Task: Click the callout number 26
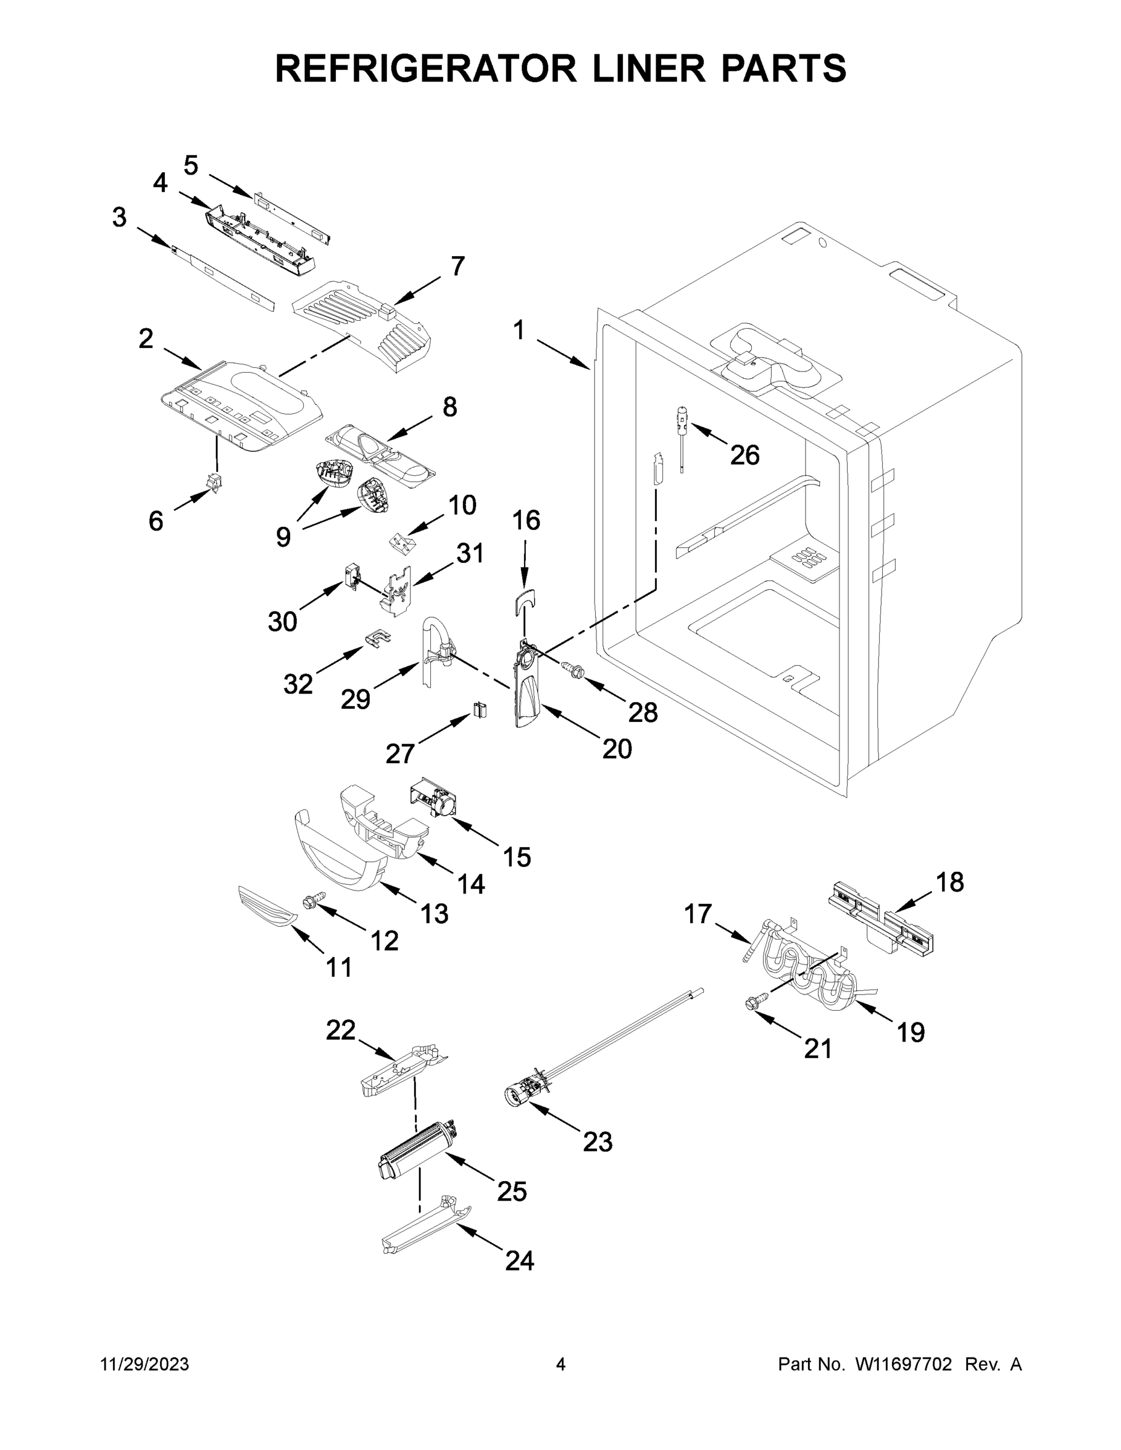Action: point(745,456)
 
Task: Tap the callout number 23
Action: point(597,1142)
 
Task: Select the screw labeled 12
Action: point(314,900)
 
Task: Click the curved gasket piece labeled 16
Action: point(525,602)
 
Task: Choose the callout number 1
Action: point(519,330)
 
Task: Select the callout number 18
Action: point(949,881)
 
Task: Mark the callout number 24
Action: point(519,1260)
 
